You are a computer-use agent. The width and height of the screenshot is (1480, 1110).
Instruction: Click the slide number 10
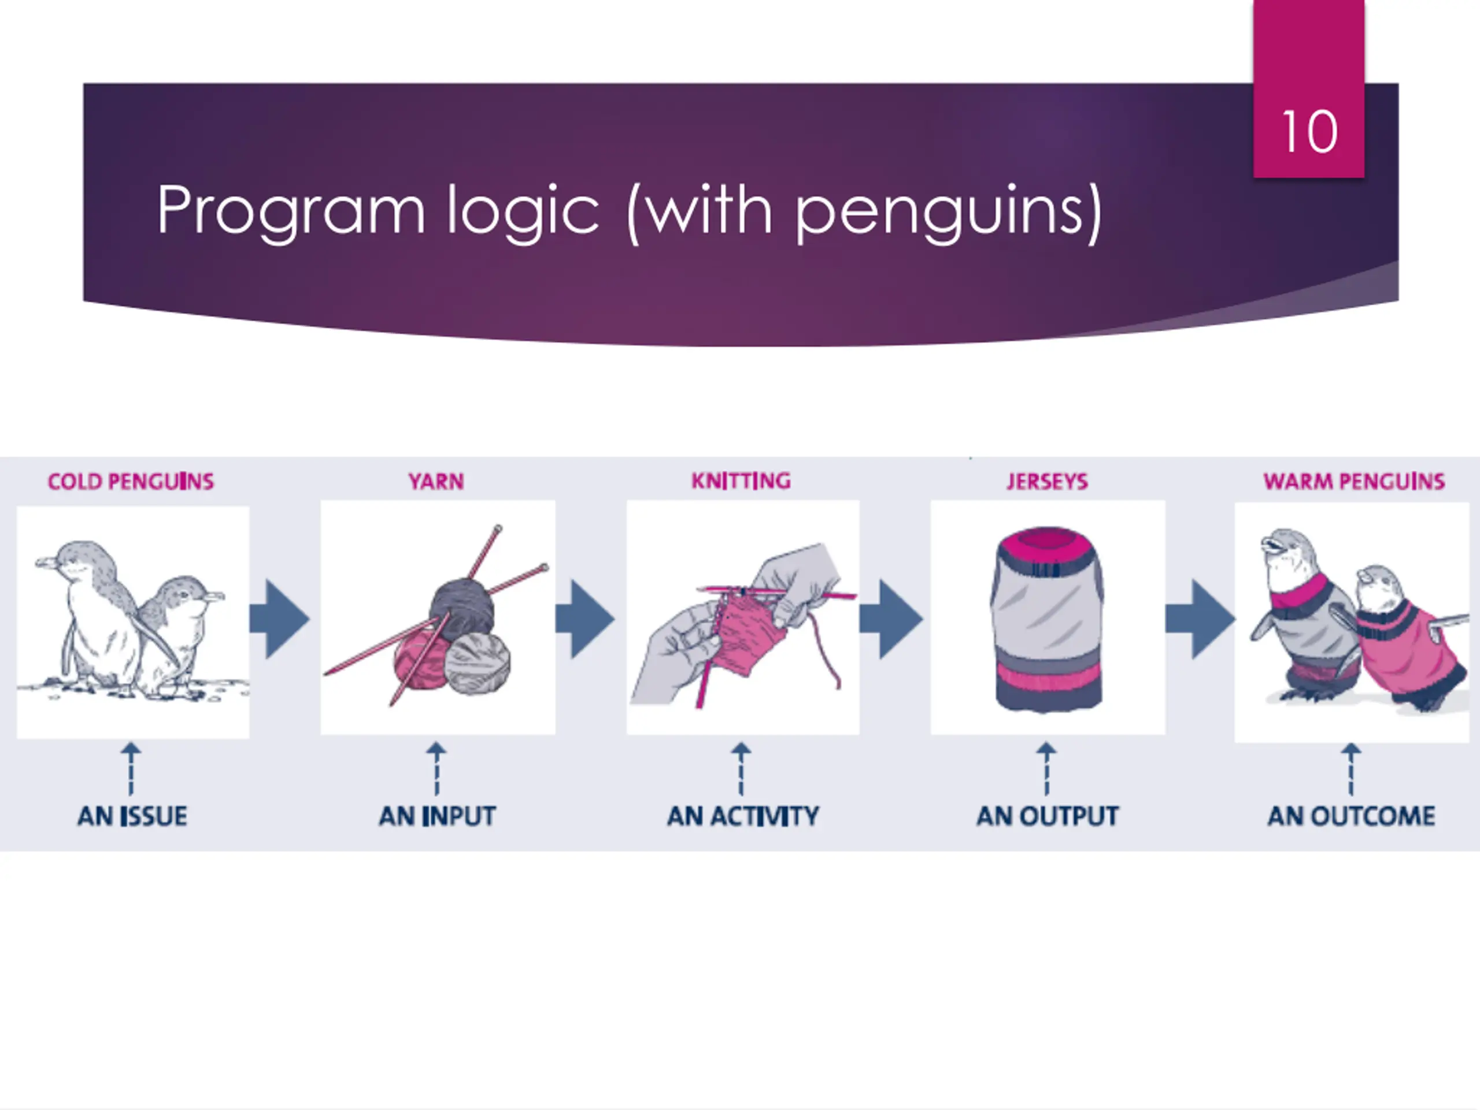pos(1309,131)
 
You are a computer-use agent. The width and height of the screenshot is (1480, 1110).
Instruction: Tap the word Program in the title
pos(290,212)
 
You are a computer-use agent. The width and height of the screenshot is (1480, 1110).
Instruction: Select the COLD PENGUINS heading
pos(131,482)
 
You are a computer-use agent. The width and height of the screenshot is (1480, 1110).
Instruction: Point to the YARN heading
pos(436,482)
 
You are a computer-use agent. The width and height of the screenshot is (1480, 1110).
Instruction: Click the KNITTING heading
pos(741,481)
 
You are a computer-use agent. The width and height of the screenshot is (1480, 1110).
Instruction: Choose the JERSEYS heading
pos(1047,482)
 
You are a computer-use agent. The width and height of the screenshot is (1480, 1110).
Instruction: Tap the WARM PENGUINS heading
pos(1353,482)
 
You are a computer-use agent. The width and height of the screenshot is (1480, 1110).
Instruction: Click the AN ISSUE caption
pos(132,816)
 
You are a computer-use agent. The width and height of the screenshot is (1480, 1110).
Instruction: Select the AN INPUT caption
pos(438,816)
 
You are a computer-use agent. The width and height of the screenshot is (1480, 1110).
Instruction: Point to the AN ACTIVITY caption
pos(743,816)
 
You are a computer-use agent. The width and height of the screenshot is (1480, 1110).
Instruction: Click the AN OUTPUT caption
pos(1047,816)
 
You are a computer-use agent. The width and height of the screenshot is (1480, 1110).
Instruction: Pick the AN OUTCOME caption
pos(1352,816)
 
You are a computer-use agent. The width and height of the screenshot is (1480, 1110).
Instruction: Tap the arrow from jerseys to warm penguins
pos(1200,619)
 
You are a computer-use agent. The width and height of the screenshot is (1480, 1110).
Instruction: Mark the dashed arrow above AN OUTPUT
pos(1047,769)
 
